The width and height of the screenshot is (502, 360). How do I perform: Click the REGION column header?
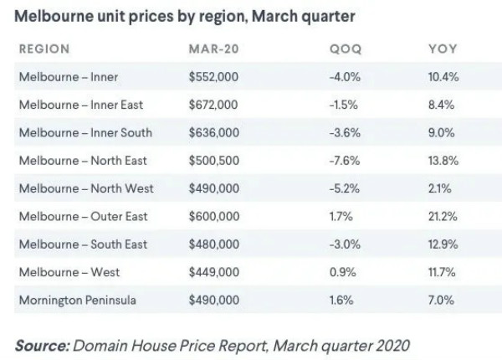pos(44,49)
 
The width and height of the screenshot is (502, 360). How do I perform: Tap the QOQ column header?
pos(346,49)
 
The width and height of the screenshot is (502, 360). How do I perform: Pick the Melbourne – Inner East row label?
pos(81,105)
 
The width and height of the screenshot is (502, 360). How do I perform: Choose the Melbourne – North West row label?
pos(85,188)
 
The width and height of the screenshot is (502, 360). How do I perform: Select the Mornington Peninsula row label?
pos(77,300)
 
